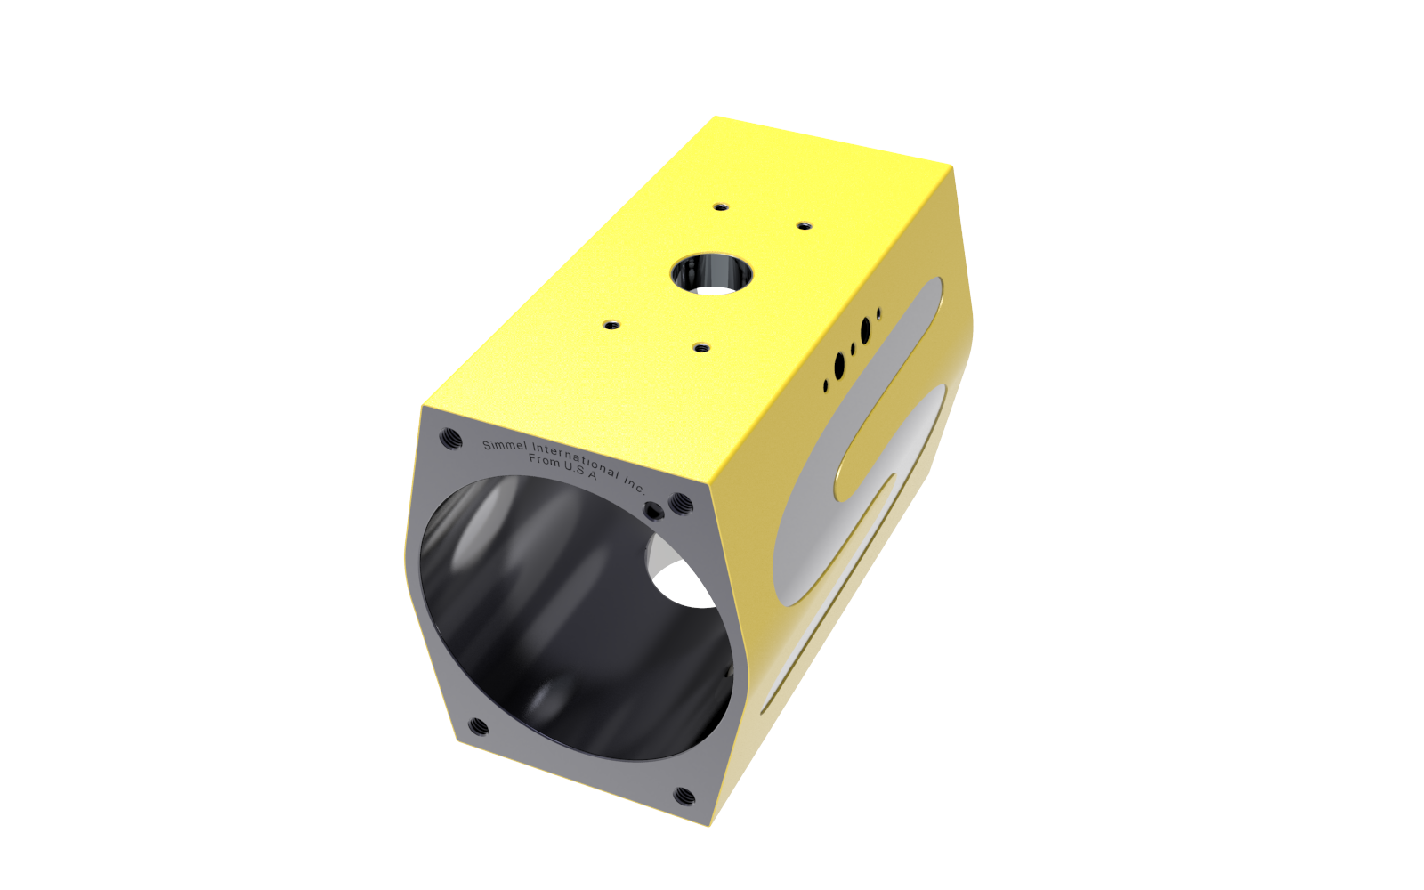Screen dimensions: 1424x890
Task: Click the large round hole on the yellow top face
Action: (x=712, y=275)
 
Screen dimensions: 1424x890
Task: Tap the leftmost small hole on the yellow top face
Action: (x=611, y=326)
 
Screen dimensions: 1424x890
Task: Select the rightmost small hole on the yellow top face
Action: (x=805, y=226)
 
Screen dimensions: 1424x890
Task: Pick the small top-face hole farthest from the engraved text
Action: (x=720, y=207)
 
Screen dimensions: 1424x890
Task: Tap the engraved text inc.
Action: (x=634, y=484)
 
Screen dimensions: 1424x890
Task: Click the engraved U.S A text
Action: (x=580, y=471)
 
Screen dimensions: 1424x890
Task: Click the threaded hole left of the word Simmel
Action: (x=450, y=438)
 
